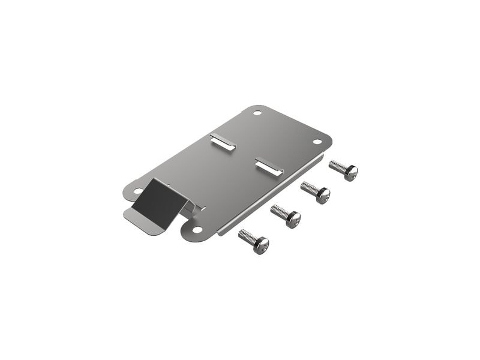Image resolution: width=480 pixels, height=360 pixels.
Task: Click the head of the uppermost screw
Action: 351,173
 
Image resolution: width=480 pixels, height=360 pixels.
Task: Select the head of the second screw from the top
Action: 323,195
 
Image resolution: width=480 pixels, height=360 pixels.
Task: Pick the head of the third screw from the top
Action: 293,220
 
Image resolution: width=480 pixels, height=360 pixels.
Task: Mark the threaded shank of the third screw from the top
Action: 279,212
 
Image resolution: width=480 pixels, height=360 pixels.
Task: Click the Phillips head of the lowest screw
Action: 261,245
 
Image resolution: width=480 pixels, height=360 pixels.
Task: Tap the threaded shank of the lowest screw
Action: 247,236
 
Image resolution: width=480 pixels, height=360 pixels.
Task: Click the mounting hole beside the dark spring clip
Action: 137,191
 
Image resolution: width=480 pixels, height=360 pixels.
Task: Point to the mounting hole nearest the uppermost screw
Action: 317,142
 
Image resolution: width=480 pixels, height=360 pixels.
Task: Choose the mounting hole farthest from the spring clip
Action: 257,113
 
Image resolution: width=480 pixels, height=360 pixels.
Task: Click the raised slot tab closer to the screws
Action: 268,166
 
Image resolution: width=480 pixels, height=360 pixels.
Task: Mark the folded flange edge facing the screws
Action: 270,196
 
